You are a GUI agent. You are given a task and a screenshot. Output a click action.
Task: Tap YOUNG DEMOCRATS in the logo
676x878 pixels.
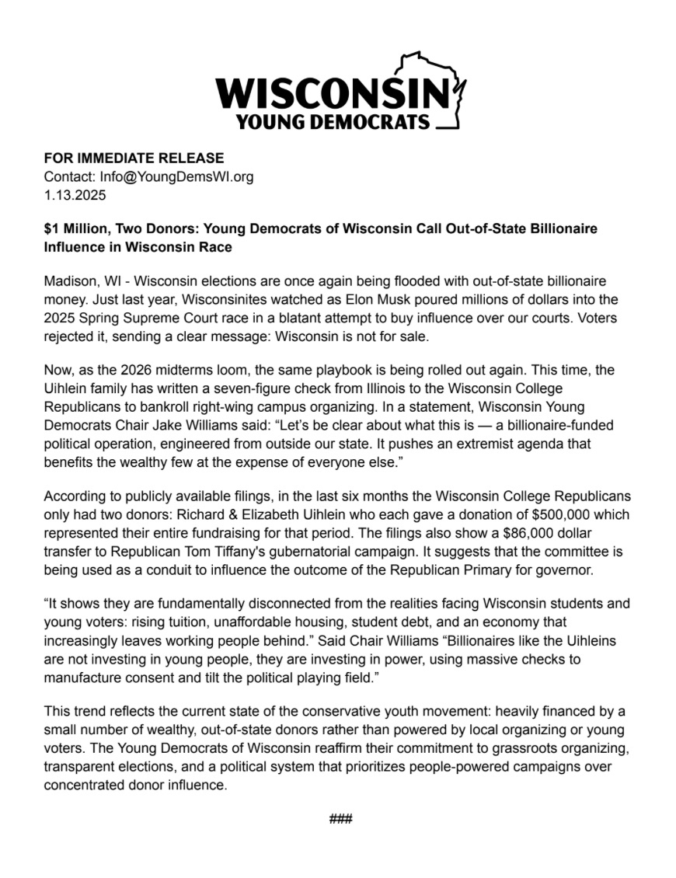click(x=333, y=122)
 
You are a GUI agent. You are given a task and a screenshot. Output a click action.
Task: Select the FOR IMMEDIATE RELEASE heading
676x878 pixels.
click(x=134, y=159)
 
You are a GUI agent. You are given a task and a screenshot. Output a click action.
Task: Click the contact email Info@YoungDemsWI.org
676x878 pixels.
click(x=176, y=176)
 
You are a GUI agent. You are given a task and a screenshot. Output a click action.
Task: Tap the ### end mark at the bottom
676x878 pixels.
click(x=340, y=819)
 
